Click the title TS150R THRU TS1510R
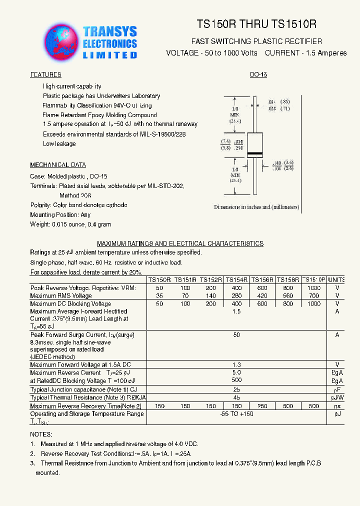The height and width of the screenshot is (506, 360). [256, 24]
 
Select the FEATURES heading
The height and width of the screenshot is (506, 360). [46, 74]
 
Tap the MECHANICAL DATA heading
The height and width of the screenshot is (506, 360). [58, 165]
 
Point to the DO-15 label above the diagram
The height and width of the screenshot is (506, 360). [258, 74]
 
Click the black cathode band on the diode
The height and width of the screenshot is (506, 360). [254, 153]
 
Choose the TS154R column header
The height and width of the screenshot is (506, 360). [236, 280]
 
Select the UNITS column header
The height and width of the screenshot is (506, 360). [337, 280]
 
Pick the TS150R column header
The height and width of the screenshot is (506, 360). [159, 280]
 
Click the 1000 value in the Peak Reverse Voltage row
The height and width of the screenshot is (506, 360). [314, 288]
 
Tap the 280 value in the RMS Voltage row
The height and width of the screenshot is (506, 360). [236, 296]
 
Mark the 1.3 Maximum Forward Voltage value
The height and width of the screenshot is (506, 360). [236, 365]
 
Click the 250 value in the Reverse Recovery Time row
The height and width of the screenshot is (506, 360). [262, 406]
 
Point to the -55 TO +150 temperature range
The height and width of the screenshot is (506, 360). [236, 414]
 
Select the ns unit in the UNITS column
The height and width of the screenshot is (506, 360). [337, 406]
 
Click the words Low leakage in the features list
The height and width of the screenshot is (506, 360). [59, 144]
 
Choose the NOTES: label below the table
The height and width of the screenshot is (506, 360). [41, 434]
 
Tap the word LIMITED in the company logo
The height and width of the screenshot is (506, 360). [109, 55]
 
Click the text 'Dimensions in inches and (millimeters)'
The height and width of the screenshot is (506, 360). [256, 207]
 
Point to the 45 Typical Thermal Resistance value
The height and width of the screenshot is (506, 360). [236, 397]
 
